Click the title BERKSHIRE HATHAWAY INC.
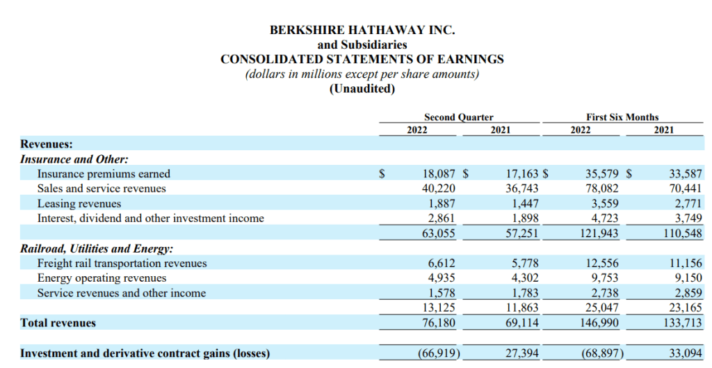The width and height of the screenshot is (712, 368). coord(362,30)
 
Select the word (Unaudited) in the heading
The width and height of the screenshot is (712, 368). coord(362,88)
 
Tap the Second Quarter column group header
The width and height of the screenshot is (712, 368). coord(459,117)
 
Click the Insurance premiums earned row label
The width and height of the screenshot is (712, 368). coord(104,174)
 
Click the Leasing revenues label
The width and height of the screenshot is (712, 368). coord(79,204)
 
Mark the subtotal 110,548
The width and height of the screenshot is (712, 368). coord(682,234)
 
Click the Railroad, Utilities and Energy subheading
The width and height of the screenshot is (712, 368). coord(97,248)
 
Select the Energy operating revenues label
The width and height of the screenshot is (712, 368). coord(102,278)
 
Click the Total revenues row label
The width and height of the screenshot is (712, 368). coord(58,323)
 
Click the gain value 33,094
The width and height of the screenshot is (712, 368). coord(685,353)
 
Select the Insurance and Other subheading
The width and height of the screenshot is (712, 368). coord(74,159)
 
